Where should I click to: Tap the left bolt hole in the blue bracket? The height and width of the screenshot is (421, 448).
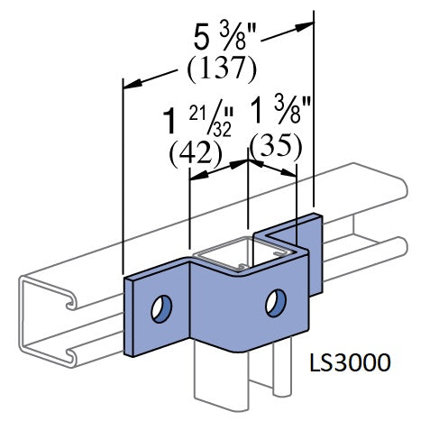(x=162, y=308)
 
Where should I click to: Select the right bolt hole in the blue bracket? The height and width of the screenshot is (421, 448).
(x=273, y=302)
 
